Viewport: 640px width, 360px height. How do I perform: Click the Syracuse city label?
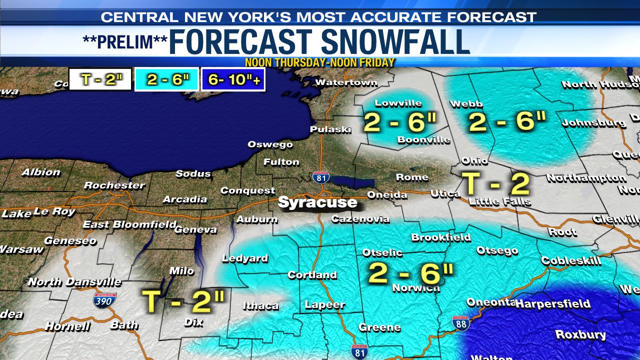317,202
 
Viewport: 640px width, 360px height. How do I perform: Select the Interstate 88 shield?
460,323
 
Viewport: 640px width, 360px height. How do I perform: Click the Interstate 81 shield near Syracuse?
320,177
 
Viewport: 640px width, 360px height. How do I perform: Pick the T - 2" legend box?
100,79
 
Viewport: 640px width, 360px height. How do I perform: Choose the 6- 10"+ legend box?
232,79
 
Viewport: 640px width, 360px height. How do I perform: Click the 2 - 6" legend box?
166,79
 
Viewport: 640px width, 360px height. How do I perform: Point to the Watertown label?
346,82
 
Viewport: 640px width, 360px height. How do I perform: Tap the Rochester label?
114,185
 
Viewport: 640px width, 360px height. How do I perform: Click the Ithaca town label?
260,305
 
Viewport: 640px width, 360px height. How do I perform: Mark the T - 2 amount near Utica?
495,183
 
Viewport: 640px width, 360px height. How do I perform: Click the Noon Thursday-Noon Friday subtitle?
320,62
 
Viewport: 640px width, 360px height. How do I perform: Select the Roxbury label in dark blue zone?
580,334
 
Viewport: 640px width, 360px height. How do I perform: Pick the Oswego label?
270,144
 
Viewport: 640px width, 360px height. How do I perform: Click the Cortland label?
312,275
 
